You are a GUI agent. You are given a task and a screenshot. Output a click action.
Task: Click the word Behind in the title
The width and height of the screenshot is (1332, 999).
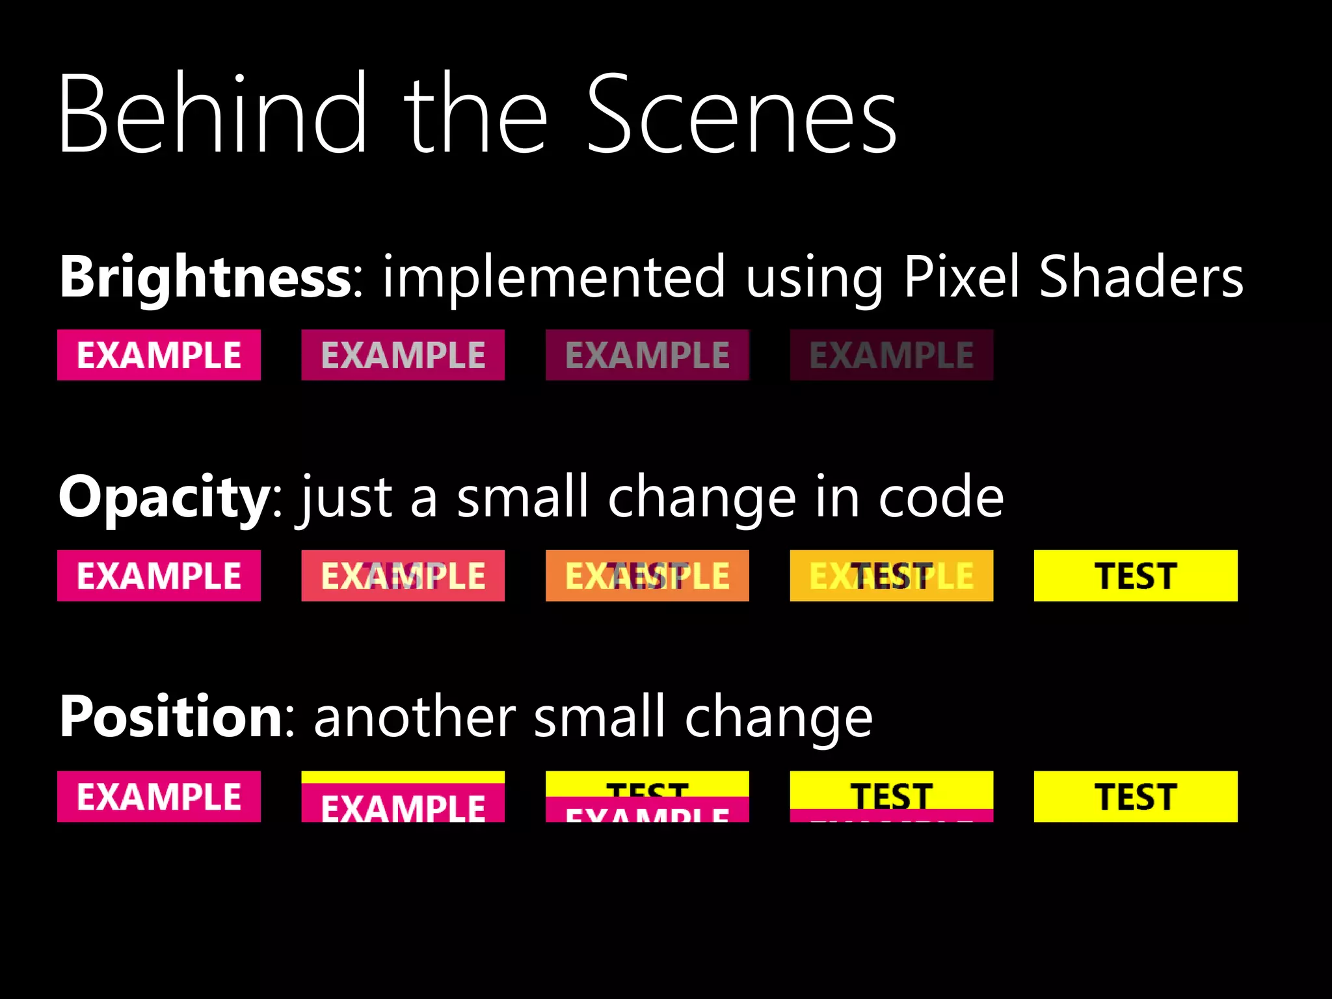[212, 114]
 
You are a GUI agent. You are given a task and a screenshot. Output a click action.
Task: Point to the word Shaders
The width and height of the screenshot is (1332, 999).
[1141, 276]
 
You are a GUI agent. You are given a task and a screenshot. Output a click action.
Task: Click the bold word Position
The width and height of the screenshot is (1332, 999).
[171, 717]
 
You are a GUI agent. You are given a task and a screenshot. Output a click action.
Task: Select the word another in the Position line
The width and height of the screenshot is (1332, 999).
[415, 717]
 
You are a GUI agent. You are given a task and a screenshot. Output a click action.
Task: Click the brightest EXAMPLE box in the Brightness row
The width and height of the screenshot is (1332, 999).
[159, 355]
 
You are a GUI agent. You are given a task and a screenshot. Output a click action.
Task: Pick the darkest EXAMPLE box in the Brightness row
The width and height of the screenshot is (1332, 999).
[891, 355]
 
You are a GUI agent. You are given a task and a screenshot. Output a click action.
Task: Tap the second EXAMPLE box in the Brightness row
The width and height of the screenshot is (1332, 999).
[403, 355]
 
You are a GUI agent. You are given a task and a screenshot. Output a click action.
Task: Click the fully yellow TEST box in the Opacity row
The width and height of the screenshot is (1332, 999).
[1136, 576]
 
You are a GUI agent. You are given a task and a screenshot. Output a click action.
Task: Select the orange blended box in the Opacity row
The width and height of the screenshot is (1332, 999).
[647, 576]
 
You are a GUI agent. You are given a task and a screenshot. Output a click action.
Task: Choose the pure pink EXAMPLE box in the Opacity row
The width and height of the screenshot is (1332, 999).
[159, 576]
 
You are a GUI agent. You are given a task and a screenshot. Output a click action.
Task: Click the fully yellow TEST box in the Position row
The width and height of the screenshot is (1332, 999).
[1136, 796]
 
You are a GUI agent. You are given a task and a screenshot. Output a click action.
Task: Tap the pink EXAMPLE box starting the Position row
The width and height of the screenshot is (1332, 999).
[159, 796]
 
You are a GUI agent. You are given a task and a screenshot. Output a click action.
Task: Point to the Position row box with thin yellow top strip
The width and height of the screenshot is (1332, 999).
[403, 796]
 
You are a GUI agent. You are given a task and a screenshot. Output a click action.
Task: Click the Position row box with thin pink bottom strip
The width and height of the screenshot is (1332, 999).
[891, 796]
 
